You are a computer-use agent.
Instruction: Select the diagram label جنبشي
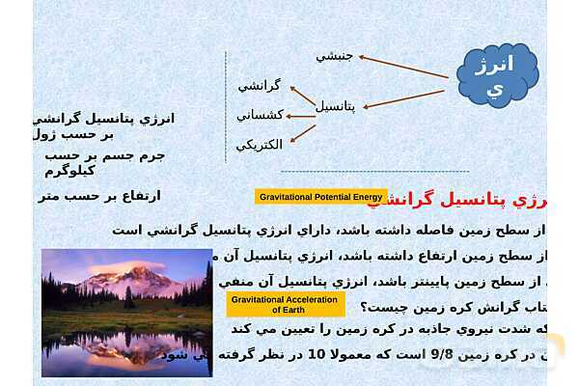335,56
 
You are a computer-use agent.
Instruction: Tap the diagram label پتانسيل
336,106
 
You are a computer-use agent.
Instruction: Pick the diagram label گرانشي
259,86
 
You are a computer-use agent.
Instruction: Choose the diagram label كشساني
260,115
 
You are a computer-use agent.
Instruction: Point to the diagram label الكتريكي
260,145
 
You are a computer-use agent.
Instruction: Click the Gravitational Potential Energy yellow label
321,197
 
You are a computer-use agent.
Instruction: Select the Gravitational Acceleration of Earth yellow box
286,304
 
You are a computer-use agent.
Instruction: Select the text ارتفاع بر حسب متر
99,196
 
